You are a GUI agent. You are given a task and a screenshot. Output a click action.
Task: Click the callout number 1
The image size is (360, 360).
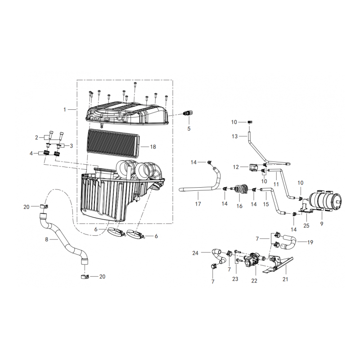pos(65,110)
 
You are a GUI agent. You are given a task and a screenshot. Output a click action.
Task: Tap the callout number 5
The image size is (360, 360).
pos(189,128)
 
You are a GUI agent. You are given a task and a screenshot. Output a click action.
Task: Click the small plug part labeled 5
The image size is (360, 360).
pos(188,112)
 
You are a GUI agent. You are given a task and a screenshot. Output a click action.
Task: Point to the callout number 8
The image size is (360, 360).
pos(47,239)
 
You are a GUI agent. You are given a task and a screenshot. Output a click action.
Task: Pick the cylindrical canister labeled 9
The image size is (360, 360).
pos(325,202)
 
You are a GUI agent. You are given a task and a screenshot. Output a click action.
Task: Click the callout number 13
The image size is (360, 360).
pos(234,136)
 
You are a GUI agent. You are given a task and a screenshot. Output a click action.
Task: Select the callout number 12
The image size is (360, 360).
pos(236,167)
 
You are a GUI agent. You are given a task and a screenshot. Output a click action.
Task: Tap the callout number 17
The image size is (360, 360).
pos(198,204)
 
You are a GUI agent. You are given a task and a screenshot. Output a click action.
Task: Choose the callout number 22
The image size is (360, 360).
pos(254,280)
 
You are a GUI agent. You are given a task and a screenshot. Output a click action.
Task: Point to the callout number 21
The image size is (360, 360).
pos(285,279)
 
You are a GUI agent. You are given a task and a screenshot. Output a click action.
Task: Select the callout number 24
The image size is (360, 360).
pos(195,253)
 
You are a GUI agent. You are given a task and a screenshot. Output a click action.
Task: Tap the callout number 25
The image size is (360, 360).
pos(306,226)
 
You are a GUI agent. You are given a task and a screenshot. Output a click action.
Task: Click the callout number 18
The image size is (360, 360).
pos(153,147)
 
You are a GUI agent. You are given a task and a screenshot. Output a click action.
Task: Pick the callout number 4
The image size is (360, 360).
pos(31,153)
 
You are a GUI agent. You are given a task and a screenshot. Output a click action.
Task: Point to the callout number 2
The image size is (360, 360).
pos(36,138)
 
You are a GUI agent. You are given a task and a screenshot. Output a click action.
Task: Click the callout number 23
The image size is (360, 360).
pos(235,279)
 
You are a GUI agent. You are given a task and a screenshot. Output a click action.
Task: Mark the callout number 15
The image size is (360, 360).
pos(265,204)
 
